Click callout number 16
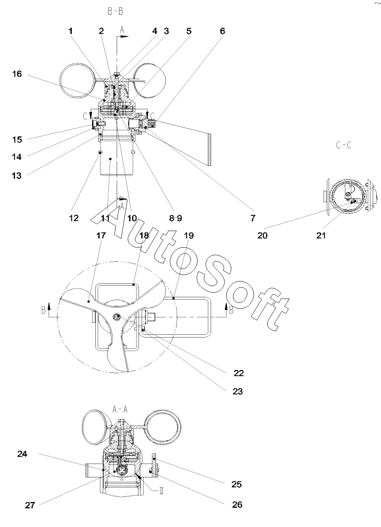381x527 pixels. coord(17,74)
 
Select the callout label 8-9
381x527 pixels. coord(175,218)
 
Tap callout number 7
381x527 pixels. coord(253,218)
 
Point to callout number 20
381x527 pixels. coord(262,236)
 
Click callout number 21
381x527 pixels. coord(321,236)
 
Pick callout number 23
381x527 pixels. coord(237,391)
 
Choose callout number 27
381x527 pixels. coord(30,505)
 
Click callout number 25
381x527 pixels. coord(237,484)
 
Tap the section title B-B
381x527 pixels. coord(115,12)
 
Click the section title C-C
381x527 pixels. coord(344,145)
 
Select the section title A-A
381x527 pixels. coord(119,409)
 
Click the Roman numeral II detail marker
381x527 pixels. coord(161,491)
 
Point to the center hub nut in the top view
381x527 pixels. coord(117,317)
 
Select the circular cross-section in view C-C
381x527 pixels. coord(347,196)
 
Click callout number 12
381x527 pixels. coord(74,218)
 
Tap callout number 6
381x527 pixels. coord(222,31)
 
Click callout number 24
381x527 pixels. coord(22,454)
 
